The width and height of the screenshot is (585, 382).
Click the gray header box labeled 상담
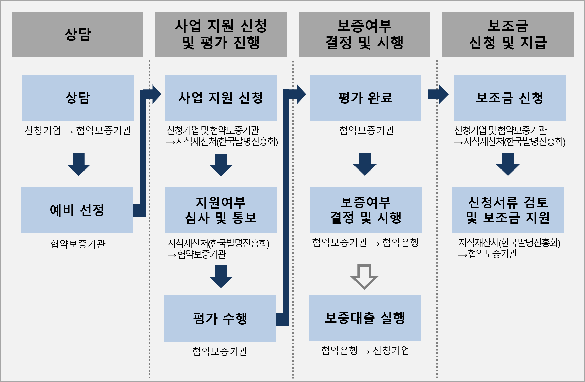click(x=78, y=34)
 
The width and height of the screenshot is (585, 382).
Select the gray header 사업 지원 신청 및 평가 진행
click(x=221, y=34)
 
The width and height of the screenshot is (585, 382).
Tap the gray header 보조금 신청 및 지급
click(x=508, y=34)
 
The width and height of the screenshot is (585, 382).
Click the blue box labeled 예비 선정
click(x=77, y=210)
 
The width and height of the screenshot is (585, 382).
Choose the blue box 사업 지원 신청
click(x=221, y=98)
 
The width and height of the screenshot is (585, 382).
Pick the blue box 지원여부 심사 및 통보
click(x=221, y=210)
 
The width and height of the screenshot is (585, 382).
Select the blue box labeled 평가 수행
click(x=220, y=318)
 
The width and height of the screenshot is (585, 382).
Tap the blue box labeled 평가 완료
click(x=365, y=98)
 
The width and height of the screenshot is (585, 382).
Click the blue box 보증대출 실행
click(x=365, y=318)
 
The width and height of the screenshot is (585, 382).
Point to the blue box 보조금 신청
click(x=510, y=98)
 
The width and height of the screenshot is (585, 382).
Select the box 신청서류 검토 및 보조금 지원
click(x=508, y=210)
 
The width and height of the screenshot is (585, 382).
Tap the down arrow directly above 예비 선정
click(x=78, y=164)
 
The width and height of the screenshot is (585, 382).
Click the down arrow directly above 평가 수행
click(x=221, y=277)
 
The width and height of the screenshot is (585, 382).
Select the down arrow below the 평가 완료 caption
click(x=365, y=164)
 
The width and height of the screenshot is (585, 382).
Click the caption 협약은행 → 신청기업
click(x=365, y=351)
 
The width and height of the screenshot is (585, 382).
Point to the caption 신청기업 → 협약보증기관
click(x=78, y=131)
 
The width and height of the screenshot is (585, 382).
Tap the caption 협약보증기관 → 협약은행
click(x=365, y=243)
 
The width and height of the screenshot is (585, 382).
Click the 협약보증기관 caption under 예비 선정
click(x=78, y=244)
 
